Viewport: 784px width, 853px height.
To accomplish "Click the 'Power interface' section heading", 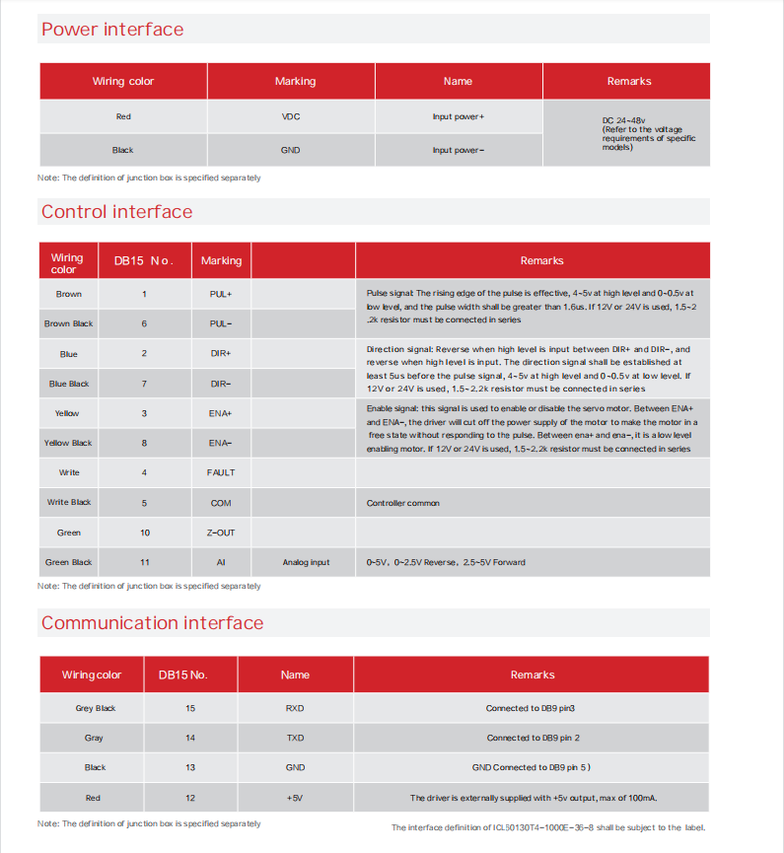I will coord(112,30).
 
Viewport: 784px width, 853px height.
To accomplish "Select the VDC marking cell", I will coord(291,117).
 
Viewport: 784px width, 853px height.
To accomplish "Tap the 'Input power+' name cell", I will coord(458,117).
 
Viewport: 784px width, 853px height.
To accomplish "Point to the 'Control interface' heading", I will coord(116,212).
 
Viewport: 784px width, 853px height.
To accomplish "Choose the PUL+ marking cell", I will coord(221,294).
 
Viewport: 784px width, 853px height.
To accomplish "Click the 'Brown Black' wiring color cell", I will coord(69,323).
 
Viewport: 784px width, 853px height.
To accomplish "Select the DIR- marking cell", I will coord(221,384).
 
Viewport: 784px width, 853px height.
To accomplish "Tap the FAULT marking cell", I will coord(221,473).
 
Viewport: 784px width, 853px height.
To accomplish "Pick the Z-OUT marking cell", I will coord(221,533).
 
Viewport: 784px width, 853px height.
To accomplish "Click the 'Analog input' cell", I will coord(306,563).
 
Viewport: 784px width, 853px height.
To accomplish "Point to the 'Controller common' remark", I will coord(403,503).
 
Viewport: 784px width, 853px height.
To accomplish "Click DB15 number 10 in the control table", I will coord(145,533).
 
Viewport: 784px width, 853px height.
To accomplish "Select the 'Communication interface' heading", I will coord(152,623).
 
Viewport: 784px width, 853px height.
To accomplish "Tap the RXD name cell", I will coord(295,708).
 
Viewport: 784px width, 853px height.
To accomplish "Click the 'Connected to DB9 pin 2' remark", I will coord(533,738).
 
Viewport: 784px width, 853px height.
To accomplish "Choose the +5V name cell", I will coord(295,798).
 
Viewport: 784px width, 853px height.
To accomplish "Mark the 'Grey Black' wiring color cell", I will coord(96,708).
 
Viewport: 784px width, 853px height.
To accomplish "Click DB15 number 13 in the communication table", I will coord(190,767).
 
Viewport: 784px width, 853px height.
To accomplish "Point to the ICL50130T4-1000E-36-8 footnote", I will coord(548,827).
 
